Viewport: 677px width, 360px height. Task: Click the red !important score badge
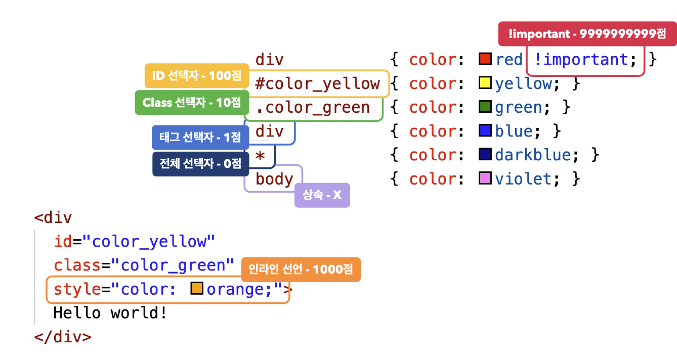coord(587,34)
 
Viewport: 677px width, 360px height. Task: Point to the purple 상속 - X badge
coord(322,195)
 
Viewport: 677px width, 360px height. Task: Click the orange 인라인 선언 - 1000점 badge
coord(301,269)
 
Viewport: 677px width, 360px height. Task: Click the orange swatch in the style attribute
coord(197,289)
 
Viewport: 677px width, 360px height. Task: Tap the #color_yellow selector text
coord(317,83)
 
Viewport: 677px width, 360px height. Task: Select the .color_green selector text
coord(312,107)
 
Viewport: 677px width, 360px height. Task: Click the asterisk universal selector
coord(260,155)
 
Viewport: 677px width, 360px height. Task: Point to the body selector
coord(274,179)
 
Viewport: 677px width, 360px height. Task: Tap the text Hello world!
coord(110,313)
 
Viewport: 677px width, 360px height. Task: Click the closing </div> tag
coord(63,337)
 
